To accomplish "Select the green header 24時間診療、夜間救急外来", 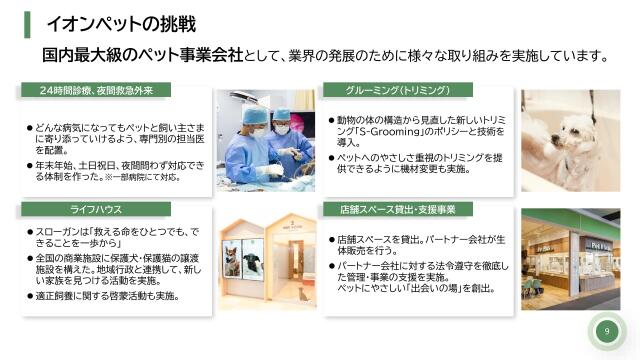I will pyautogui.click(x=96, y=91).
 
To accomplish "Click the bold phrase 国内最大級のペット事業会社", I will pyautogui.click(x=142, y=54).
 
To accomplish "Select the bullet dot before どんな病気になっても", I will pyautogui.click(x=29, y=128).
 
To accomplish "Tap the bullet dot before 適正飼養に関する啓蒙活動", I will pyautogui.click(x=29, y=297).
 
